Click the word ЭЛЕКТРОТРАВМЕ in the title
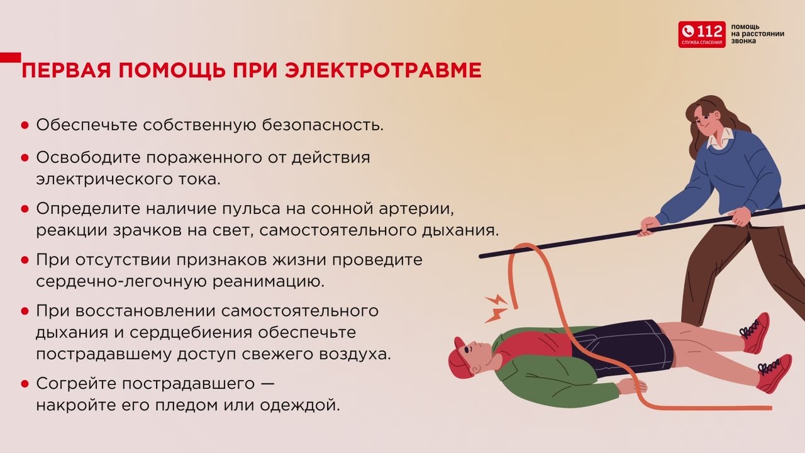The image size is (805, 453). tap(383, 70)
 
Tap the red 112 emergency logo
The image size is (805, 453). tap(701, 34)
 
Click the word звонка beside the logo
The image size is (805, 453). tap(743, 41)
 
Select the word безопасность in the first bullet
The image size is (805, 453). tap(323, 125)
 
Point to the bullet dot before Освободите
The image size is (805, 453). tap(25, 158)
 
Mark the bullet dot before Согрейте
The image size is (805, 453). tap(25, 384)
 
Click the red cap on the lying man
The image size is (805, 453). tap(458, 358)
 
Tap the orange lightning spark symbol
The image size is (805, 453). tap(496, 308)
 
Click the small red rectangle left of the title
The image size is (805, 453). tap(11, 57)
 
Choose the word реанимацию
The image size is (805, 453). tap(268, 281)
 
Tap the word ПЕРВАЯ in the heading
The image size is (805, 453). tap(66, 70)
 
